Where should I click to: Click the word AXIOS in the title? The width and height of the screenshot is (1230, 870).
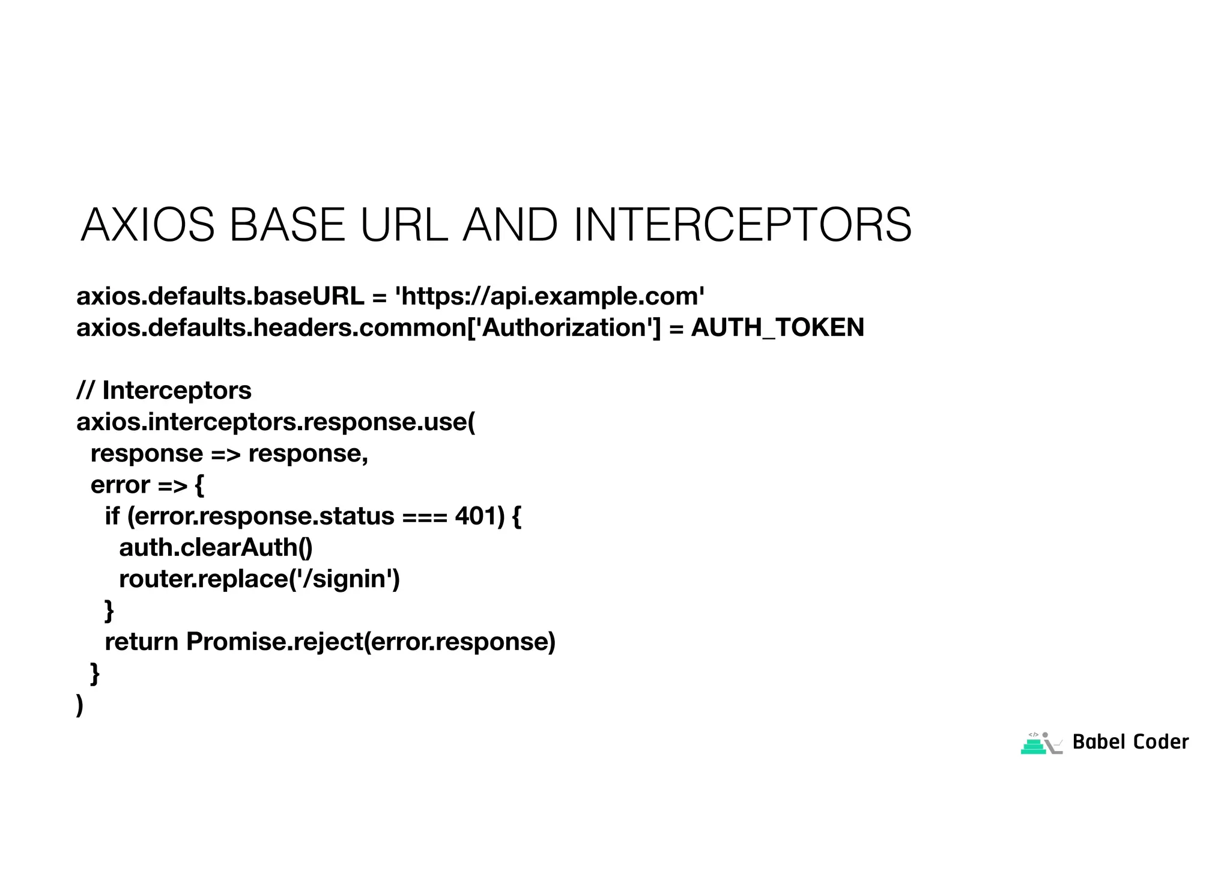(x=148, y=225)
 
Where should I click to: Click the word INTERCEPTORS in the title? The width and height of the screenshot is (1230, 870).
(x=742, y=225)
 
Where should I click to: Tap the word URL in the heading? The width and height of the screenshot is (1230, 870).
(x=404, y=225)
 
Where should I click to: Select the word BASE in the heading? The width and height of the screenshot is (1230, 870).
(x=287, y=225)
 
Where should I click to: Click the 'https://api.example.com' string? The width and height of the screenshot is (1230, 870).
(x=549, y=296)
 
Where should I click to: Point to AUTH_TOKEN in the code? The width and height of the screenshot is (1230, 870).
(x=777, y=327)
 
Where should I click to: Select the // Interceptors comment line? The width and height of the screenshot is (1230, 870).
(x=164, y=391)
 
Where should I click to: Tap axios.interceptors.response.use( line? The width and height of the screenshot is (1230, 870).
(x=276, y=422)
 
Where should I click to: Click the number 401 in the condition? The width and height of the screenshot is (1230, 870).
(x=479, y=516)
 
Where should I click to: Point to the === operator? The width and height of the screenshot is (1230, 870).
(x=425, y=516)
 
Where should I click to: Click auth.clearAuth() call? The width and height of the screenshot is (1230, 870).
(x=216, y=547)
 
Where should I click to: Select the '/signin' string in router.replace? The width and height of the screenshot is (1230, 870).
(x=344, y=579)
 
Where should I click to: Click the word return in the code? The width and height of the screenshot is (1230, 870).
(x=141, y=642)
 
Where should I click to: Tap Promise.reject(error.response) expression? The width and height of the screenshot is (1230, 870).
(x=371, y=642)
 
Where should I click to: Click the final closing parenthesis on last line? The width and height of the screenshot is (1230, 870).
(x=80, y=704)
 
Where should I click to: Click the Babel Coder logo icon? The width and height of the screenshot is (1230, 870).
(x=1041, y=743)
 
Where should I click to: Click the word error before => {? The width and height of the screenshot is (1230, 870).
(x=120, y=485)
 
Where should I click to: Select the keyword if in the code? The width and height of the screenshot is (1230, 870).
(x=112, y=516)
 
